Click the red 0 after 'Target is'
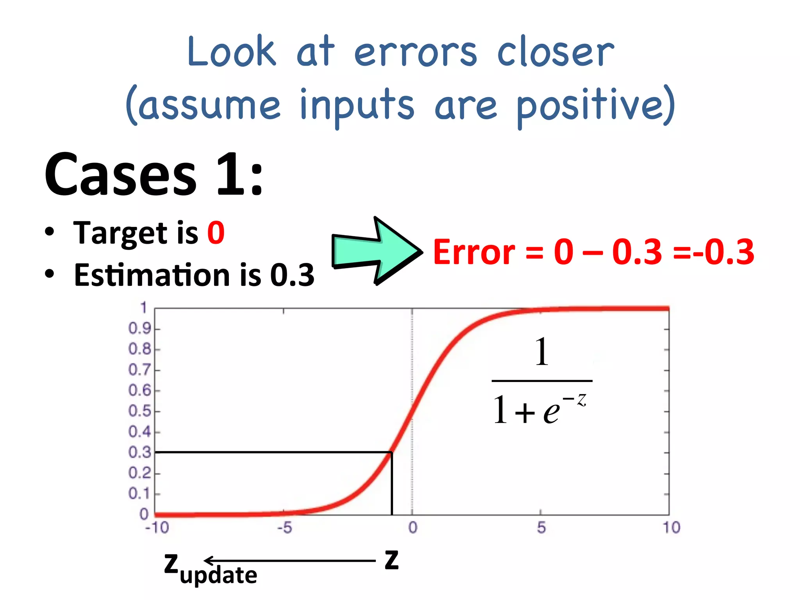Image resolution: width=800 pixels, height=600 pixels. [216, 233]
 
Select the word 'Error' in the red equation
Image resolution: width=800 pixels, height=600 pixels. [474, 252]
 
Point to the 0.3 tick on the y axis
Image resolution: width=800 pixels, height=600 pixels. [140, 452]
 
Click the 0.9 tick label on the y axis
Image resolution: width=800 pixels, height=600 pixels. [140, 329]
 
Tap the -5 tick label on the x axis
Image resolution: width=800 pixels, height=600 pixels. [285, 528]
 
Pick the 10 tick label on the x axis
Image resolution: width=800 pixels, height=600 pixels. [671, 528]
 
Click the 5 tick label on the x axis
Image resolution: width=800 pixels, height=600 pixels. [541, 528]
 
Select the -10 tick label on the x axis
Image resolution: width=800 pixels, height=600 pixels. [157, 528]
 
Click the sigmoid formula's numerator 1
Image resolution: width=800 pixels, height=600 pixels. [542, 352]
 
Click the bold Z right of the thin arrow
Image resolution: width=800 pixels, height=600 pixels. [391, 560]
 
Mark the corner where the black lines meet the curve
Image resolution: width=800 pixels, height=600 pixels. [391, 452]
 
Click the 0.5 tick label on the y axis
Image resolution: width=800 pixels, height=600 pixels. [140, 411]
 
